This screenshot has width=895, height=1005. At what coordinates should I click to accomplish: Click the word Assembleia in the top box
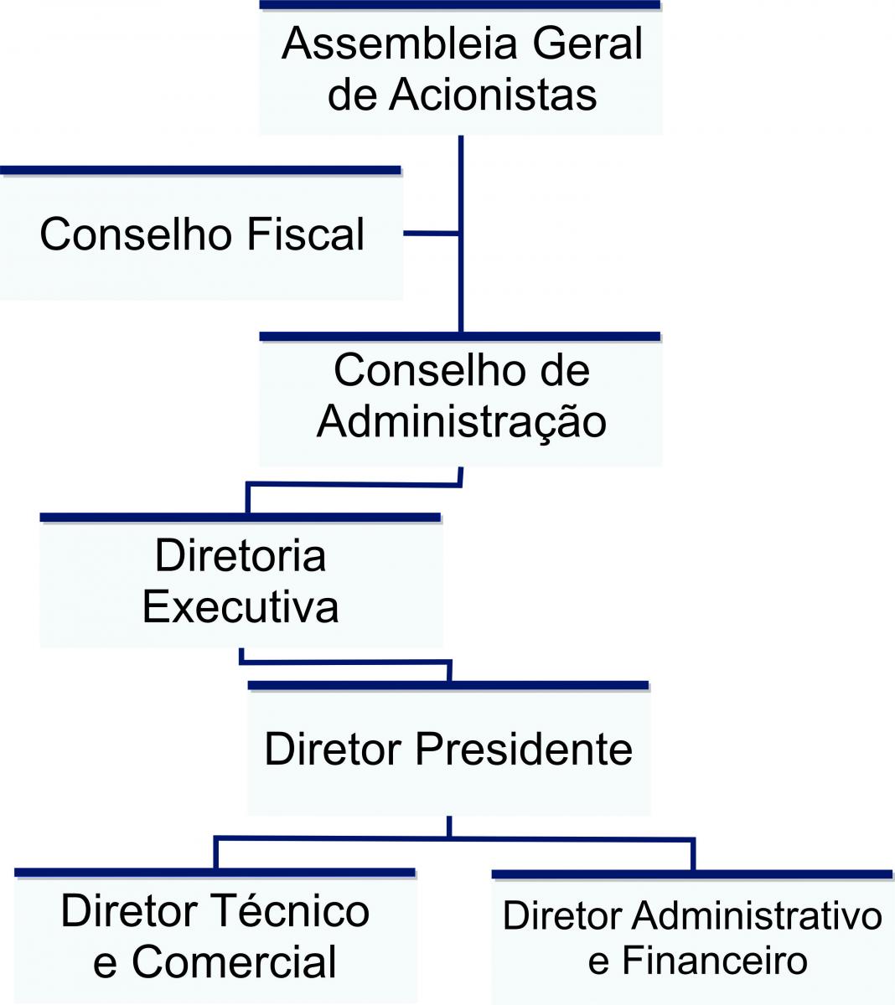pyautogui.click(x=400, y=44)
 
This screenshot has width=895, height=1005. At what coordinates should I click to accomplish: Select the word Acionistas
pyautogui.click(x=493, y=95)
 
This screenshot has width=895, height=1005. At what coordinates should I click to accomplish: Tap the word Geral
pyautogui.click(x=587, y=44)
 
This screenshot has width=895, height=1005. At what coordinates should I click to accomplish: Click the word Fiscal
pyautogui.click(x=306, y=234)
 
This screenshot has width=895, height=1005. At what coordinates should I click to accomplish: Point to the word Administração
pyautogui.click(x=462, y=423)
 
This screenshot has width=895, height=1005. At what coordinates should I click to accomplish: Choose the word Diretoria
pyautogui.click(x=241, y=555)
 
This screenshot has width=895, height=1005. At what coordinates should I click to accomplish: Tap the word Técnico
pyautogui.click(x=292, y=910)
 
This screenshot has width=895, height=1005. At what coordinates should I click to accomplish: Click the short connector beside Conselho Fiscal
pyautogui.click(x=431, y=233)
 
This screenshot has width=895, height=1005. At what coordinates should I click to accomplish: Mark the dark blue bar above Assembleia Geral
pyautogui.click(x=460, y=5)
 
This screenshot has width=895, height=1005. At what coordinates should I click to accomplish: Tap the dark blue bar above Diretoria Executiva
pyautogui.click(x=241, y=518)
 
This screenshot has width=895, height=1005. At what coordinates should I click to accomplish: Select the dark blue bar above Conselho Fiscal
pyautogui.click(x=200, y=170)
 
